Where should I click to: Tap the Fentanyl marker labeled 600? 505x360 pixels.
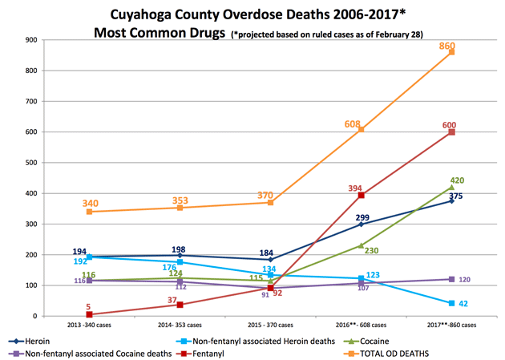[451, 132]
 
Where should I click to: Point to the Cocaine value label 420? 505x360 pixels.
[457, 180]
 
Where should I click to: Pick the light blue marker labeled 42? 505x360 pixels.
[451, 303]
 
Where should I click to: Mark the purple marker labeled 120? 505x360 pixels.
[451, 279]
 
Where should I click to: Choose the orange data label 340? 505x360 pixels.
[89, 204]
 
